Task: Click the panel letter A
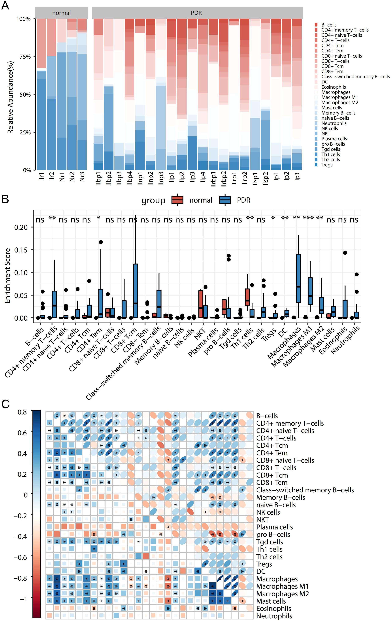(x=5, y=5)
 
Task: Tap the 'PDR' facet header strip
(x=196, y=13)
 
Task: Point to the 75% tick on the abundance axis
(x=25, y=57)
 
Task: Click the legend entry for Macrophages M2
(x=340, y=102)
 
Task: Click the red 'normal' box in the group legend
(x=177, y=200)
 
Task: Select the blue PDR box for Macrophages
(x=298, y=278)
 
